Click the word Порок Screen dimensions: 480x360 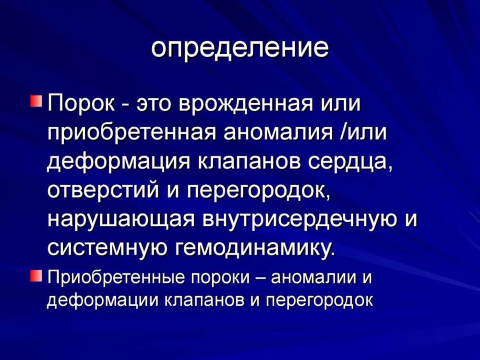81,104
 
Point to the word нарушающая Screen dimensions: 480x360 121,220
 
